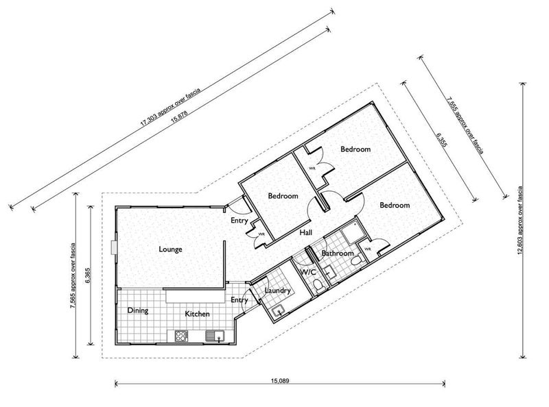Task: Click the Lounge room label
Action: click(x=170, y=249)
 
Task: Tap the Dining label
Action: click(x=138, y=310)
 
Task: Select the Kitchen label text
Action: click(x=197, y=314)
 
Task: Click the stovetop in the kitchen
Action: click(x=181, y=336)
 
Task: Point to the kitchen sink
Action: click(x=215, y=336)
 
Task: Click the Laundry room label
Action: click(x=278, y=291)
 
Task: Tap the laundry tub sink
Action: click(x=279, y=310)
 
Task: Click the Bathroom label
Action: click(x=338, y=253)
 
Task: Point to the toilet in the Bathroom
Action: click(x=356, y=260)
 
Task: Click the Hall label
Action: click(x=305, y=232)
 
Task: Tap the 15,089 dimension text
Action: click(x=280, y=381)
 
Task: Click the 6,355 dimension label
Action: click(x=441, y=140)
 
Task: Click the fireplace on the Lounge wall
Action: click(x=113, y=247)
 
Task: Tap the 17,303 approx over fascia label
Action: click(x=170, y=108)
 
